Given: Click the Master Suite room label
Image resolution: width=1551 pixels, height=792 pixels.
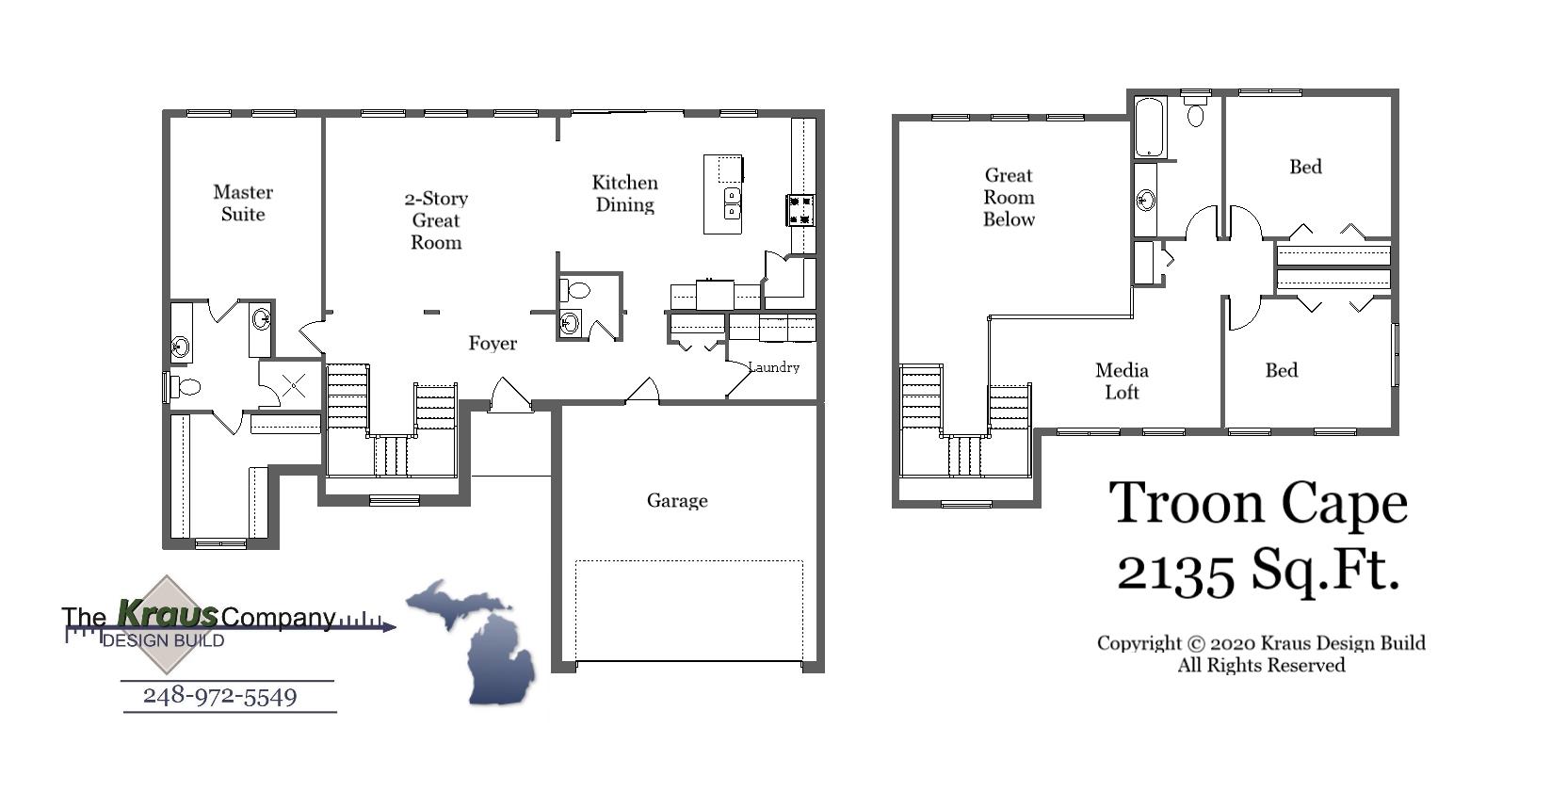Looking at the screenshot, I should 243,203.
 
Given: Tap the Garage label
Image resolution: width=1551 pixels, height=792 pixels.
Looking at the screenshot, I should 677,501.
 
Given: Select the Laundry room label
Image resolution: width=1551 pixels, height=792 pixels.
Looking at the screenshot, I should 774,367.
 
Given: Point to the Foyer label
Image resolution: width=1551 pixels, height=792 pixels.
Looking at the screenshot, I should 493,344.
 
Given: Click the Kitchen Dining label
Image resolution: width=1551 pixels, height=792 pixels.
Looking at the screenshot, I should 625,194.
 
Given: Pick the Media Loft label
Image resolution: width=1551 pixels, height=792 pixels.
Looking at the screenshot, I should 1122,381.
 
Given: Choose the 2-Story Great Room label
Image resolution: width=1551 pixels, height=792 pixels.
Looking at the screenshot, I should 436,220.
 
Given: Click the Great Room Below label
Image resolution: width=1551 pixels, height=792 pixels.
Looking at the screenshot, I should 1009,197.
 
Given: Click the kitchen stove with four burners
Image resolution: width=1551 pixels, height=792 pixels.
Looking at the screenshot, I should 800,209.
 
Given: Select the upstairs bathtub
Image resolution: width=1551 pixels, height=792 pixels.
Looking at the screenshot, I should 1149,128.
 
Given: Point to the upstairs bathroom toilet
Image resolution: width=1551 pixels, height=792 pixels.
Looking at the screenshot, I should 1196,114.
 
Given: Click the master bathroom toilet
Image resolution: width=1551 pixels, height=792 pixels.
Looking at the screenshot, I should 186,386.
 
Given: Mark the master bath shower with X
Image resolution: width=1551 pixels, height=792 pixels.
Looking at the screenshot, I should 294,384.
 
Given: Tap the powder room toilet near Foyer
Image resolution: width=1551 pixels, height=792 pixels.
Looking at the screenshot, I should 576,290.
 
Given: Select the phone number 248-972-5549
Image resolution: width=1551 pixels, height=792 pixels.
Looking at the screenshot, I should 219,697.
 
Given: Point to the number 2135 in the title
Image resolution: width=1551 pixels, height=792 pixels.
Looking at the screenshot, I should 1175,572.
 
